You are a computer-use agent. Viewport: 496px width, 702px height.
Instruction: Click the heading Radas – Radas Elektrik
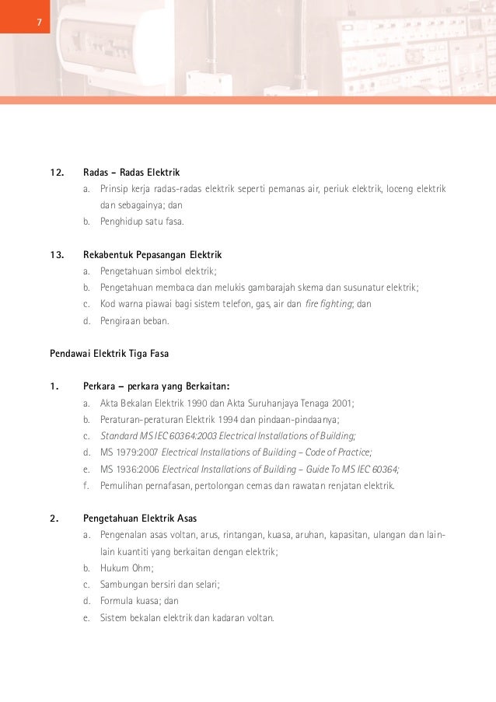pos(131,172)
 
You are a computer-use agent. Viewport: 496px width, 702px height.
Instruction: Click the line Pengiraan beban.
pos(134,320)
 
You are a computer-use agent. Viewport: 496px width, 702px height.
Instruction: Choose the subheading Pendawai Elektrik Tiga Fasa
pos(110,354)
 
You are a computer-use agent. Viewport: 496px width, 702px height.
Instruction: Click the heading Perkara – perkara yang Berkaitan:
pos(156,386)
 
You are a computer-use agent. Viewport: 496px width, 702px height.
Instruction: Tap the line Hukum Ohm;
pos(127,568)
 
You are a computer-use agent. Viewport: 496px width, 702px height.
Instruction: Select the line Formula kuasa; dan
pos(139,601)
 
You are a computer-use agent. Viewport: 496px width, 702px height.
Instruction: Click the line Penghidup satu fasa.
pos(142,222)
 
